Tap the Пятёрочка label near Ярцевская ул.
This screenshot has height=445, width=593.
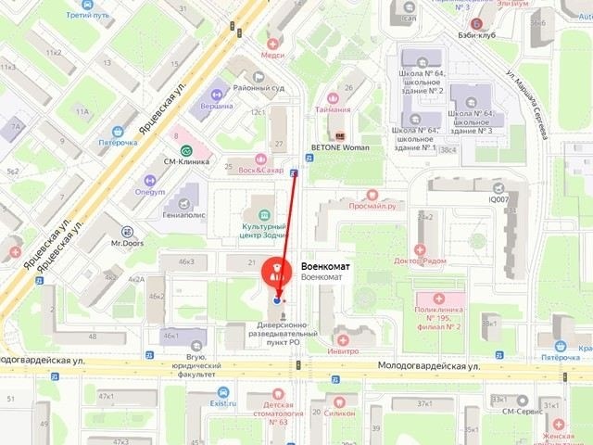point(119,144)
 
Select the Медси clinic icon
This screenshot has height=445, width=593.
point(272,44)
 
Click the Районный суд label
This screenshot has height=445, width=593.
point(257,89)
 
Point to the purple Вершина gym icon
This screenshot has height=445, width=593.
point(218,94)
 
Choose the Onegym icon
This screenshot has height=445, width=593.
point(150,181)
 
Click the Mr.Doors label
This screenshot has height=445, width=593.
point(128,244)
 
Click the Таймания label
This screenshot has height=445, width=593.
point(333,109)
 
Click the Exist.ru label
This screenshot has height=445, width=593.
point(223,403)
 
